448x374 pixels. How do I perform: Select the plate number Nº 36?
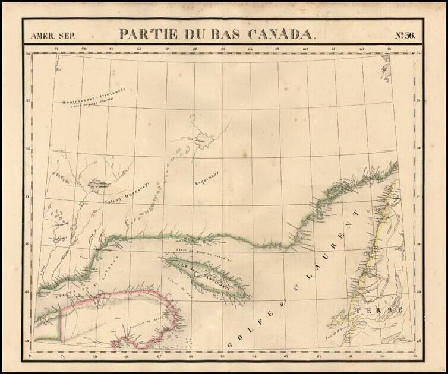pos(402,34)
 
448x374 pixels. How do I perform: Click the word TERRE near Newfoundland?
pos(378,311)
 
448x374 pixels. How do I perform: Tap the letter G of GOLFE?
pos(228,343)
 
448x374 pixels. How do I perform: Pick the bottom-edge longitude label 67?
pos(158,357)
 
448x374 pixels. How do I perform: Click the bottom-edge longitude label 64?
pos(254,357)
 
